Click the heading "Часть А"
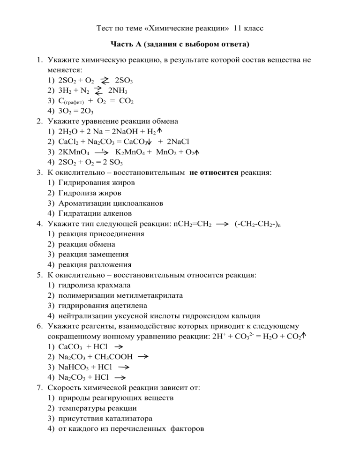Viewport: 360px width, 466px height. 127,45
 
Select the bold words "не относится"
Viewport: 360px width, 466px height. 214,172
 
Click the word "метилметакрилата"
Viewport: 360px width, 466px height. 151,295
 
